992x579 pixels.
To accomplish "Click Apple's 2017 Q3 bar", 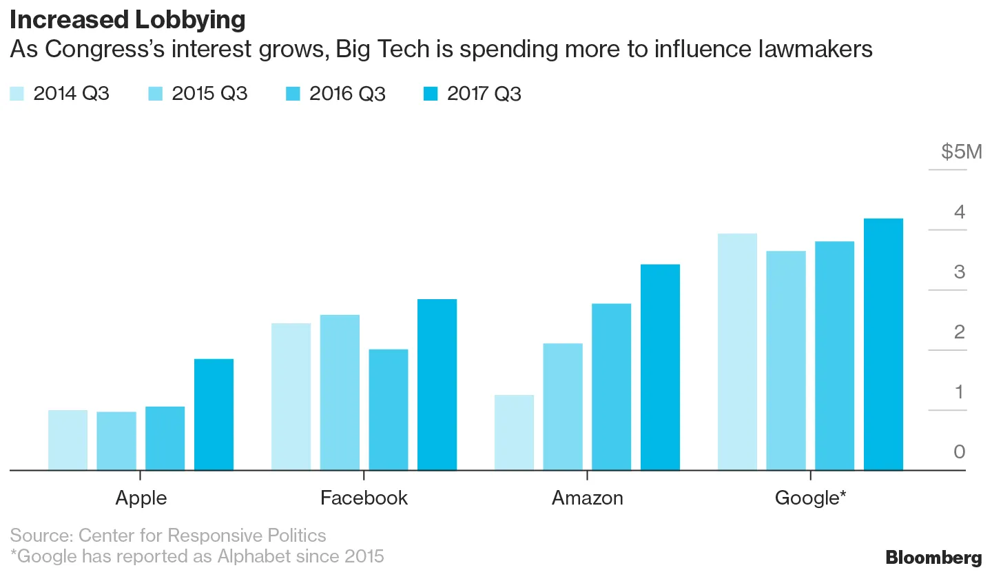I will click(214, 414).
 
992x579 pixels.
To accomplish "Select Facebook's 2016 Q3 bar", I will click(388, 409).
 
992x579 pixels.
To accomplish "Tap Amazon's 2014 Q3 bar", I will click(514, 432).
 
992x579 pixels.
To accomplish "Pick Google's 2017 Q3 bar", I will click(883, 344).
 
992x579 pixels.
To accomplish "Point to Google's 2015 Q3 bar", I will click(785, 360).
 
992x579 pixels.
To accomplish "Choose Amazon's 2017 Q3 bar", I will click(660, 367).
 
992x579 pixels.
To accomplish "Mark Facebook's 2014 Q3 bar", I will click(291, 396).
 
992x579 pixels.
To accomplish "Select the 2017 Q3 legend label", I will click(484, 94).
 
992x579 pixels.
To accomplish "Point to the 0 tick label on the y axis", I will click(960, 452).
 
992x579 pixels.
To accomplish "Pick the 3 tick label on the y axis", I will click(960, 272).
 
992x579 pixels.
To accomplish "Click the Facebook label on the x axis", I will click(364, 498).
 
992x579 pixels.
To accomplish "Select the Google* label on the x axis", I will click(810, 498).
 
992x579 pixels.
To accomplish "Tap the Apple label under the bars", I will click(141, 498).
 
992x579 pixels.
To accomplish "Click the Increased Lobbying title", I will click(127, 21).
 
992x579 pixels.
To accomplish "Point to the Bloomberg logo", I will click(933, 558).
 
